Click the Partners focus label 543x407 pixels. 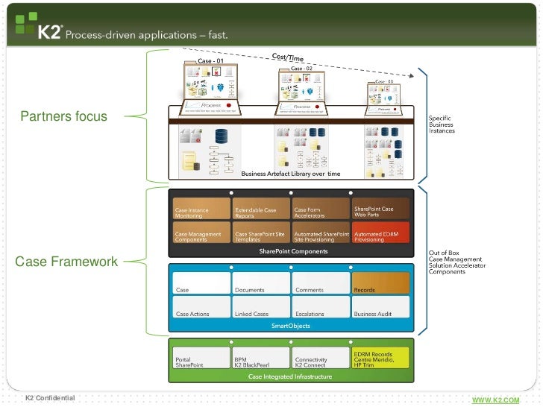tap(63, 116)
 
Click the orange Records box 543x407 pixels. tap(380, 283)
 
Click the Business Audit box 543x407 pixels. tap(380, 307)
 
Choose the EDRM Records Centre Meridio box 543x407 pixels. tap(380, 359)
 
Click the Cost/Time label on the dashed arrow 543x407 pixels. tap(288, 58)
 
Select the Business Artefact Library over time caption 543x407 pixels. tap(290, 173)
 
